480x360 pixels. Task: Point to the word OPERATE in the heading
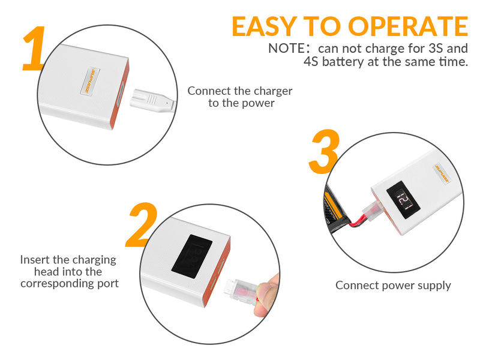[409, 26]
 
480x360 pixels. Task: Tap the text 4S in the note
[311, 62]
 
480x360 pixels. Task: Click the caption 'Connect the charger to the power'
[240, 97]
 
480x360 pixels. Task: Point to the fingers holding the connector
[268, 294]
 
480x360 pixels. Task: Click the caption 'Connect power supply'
[393, 286]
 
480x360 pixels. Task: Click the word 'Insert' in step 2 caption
[35, 260]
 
